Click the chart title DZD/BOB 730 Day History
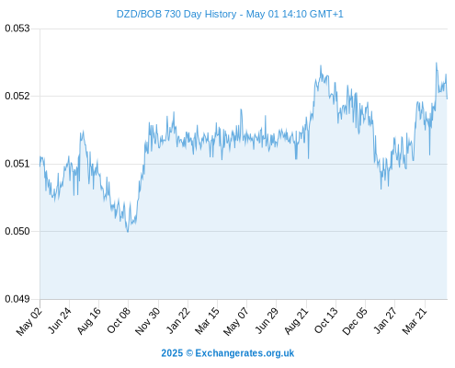[x=176, y=14]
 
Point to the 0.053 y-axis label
[x=17, y=29]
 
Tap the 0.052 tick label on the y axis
[x=17, y=96]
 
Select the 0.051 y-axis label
[x=17, y=164]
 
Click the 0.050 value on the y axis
[x=17, y=231]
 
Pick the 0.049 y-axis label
[x=17, y=299]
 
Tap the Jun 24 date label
[x=60, y=320]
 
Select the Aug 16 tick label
[x=89, y=320]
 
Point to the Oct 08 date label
[x=119, y=320]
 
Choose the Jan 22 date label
[x=178, y=320]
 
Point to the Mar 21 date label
[x=415, y=320]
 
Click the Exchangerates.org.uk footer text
[x=245, y=353]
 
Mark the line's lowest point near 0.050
[x=128, y=232]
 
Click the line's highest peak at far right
[x=437, y=63]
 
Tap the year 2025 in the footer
[x=172, y=353]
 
